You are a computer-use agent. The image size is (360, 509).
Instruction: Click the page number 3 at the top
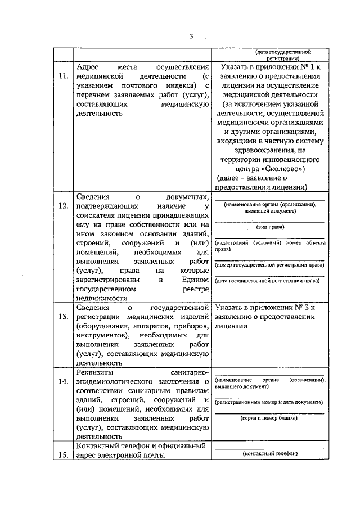[191, 37]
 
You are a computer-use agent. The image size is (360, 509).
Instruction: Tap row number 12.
[64, 206]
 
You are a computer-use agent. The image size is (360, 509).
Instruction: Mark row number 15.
[64, 456]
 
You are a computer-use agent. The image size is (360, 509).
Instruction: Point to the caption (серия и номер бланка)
[269, 419]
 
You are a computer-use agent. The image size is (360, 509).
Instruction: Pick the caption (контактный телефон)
[269, 454]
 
